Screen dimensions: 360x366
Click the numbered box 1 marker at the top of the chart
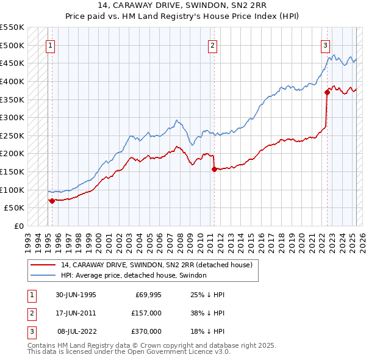(x=49, y=45)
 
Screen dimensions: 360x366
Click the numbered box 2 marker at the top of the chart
(x=212, y=45)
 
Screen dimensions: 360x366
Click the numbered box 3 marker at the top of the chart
(x=325, y=45)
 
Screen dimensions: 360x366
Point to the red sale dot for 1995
(x=52, y=200)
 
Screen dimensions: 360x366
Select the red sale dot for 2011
(x=214, y=169)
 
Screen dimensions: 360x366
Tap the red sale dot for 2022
(x=327, y=92)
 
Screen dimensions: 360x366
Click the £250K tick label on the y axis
(x=12, y=135)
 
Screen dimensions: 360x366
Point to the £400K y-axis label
(x=12, y=81)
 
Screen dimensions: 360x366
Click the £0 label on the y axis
(x=19, y=226)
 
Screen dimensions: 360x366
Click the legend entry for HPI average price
(x=134, y=276)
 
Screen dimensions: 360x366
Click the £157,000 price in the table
(x=146, y=313)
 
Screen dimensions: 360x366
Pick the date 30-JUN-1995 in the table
(x=76, y=295)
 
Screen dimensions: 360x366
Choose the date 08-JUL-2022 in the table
(x=76, y=331)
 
